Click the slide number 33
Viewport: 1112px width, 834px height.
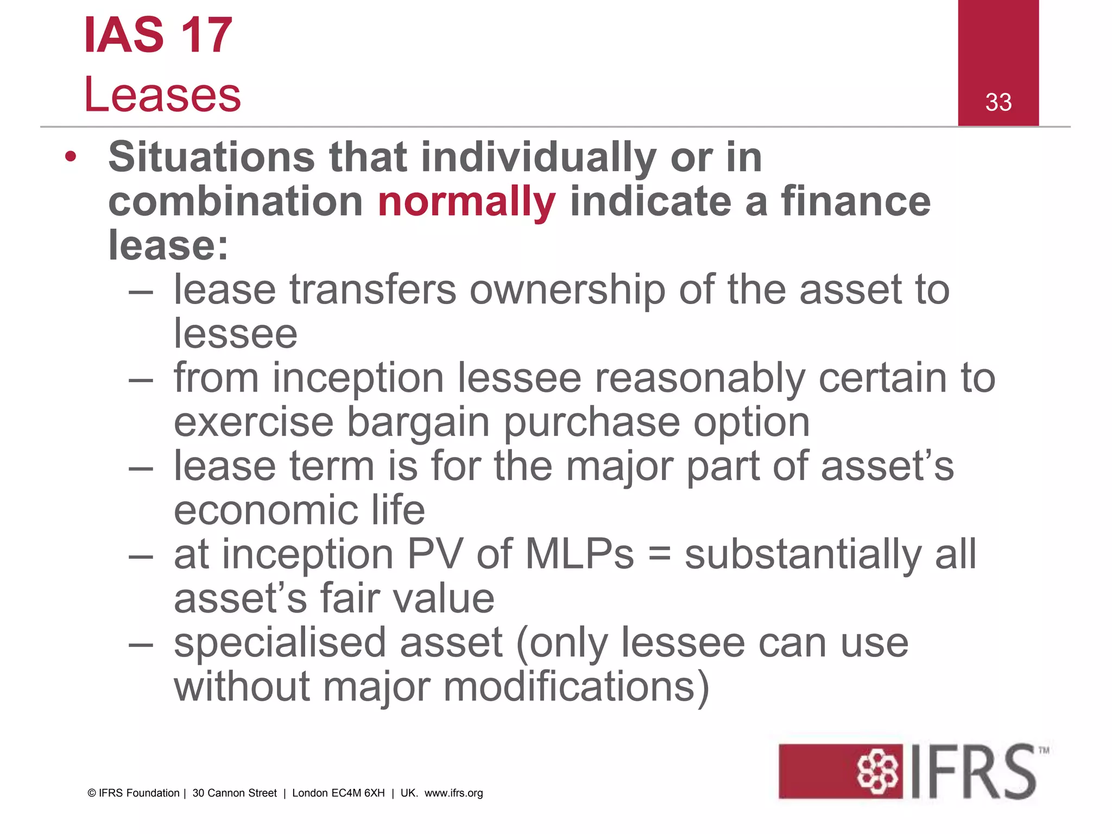click(998, 102)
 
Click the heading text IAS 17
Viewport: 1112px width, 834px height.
click(158, 35)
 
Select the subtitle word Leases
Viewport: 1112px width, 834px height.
click(162, 95)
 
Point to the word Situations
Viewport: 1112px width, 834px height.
click(212, 157)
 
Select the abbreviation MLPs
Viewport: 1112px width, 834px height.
click(579, 554)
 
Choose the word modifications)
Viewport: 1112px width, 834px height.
click(577, 687)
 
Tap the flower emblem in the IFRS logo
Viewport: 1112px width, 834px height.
click(877, 772)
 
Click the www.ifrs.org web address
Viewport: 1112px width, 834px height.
click(453, 793)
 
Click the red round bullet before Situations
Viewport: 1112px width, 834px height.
click(71, 157)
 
